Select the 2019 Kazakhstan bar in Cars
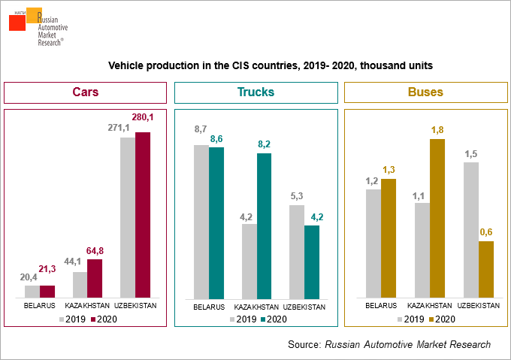click(80, 285)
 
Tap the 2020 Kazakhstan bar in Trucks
click(264, 226)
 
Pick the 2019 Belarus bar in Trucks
click(201, 222)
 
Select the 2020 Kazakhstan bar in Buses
click(437, 219)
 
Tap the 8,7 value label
click(201, 129)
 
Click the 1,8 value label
click(437, 130)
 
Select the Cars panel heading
click(86, 92)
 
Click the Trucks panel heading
click(255, 92)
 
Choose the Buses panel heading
click(425, 92)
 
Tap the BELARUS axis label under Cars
click(39, 307)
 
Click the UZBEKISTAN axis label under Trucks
click(304, 307)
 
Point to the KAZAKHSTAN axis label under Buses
click(429, 306)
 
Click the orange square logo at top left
click(33, 15)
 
